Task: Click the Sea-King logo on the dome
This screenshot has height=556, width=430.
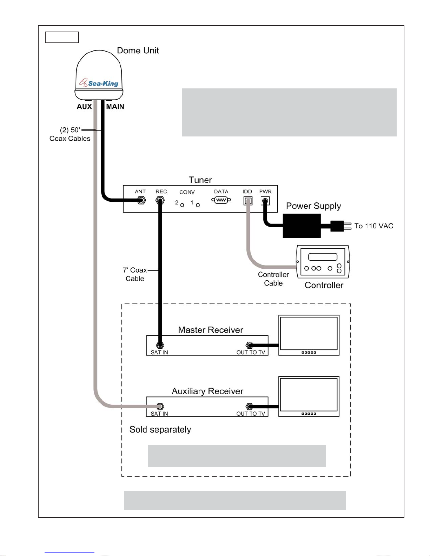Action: [x=99, y=82]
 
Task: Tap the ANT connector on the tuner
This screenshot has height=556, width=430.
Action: [x=141, y=200]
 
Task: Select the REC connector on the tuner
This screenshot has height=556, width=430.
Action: [x=160, y=200]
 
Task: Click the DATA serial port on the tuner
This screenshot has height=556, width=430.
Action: [x=221, y=200]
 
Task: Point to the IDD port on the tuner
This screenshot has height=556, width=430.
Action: [x=248, y=201]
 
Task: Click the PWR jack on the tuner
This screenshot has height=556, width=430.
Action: [x=265, y=201]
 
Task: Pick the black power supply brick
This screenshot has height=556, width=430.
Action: [x=302, y=226]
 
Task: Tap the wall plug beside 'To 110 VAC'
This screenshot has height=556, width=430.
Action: [x=340, y=226]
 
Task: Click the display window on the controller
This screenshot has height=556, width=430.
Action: [x=323, y=257]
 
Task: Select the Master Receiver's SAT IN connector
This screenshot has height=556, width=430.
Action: [x=160, y=345]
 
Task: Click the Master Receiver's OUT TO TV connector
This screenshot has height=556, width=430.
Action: [x=249, y=345]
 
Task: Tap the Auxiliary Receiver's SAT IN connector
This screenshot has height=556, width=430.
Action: [x=160, y=406]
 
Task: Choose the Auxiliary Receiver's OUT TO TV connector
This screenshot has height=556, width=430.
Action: [x=249, y=406]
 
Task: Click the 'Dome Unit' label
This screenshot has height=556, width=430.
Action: [x=138, y=51]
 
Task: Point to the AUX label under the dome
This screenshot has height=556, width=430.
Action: [x=84, y=107]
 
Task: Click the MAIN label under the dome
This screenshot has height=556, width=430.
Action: [x=115, y=107]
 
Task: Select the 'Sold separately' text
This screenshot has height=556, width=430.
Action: [x=160, y=430]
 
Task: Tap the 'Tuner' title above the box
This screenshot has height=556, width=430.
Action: [x=200, y=180]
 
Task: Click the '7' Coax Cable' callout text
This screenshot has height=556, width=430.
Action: [x=135, y=274]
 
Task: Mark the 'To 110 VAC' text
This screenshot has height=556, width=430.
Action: [x=374, y=226]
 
